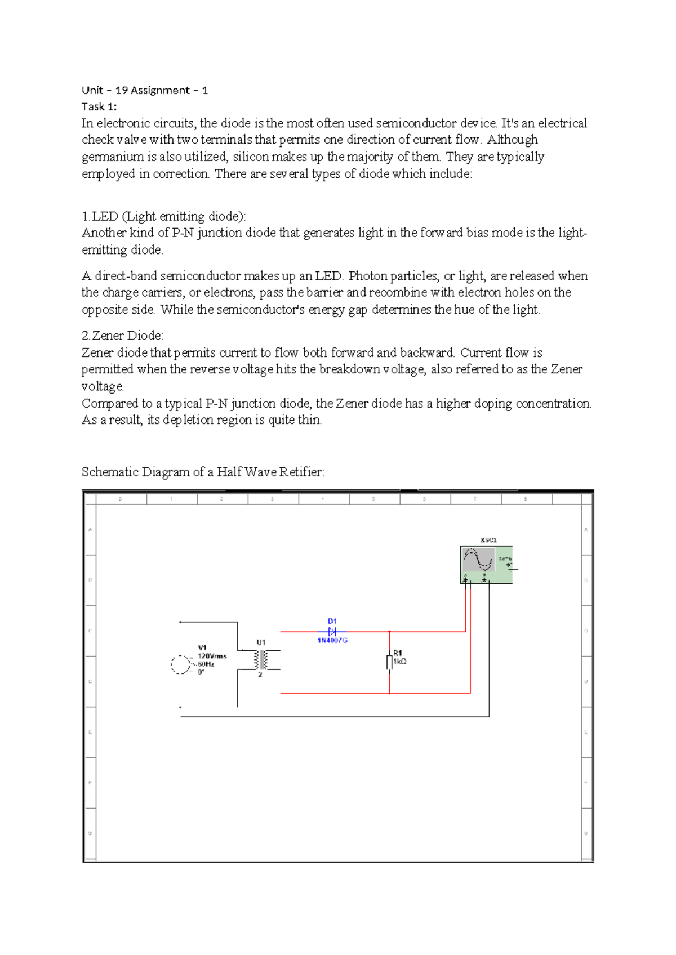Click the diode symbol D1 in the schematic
(332, 632)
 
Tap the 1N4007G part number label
(332, 641)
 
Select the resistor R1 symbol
(389, 662)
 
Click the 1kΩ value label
(400, 662)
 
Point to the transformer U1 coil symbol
(261, 659)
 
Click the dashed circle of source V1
(180, 664)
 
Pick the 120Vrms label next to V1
(212, 656)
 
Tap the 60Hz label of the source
(206, 664)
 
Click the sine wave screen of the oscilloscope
(479, 560)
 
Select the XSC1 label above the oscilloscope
(488, 540)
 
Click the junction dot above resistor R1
(389, 632)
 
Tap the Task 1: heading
(99, 106)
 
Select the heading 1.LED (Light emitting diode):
(164, 216)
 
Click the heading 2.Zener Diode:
(122, 336)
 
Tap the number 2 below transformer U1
(260, 675)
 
